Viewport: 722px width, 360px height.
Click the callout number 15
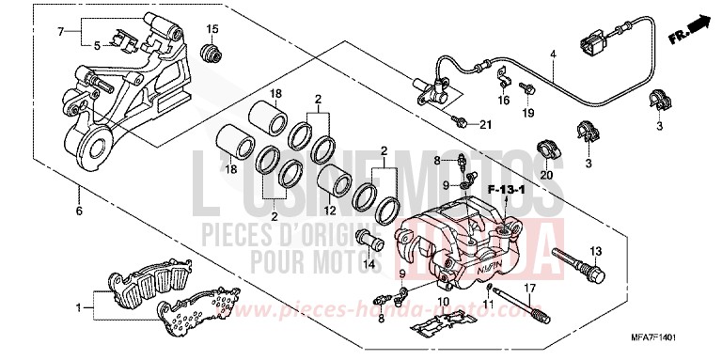click(212, 27)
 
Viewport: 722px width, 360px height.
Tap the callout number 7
click(61, 32)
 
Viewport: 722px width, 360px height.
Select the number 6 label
click(78, 211)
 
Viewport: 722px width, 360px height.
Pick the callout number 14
click(369, 265)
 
